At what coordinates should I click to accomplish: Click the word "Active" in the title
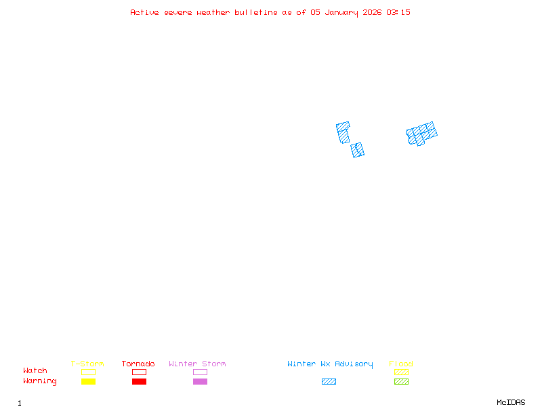coord(145,12)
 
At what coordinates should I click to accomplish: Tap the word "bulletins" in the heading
coord(255,12)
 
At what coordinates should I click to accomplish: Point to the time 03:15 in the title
coord(398,12)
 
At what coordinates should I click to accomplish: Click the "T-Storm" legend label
coord(87,364)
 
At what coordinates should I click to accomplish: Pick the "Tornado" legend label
coord(138,364)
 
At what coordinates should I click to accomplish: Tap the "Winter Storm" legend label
coord(197,364)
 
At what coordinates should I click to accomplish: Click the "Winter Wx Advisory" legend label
coord(330,364)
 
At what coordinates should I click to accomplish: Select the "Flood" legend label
coord(401,364)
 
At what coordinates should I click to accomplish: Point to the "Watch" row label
coord(35,371)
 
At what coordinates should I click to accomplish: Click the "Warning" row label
coord(40,381)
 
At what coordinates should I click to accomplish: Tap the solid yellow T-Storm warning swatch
coord(88,382)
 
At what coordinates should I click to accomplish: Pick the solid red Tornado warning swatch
coord(139,382)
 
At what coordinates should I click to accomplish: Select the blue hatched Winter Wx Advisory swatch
coord(329,382)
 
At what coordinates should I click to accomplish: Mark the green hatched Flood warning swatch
coord(401,382)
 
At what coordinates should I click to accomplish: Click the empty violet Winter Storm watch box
coord(200,372)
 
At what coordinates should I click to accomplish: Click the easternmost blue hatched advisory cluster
coord(421,134)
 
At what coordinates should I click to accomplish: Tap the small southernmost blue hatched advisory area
coord(358,150)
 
